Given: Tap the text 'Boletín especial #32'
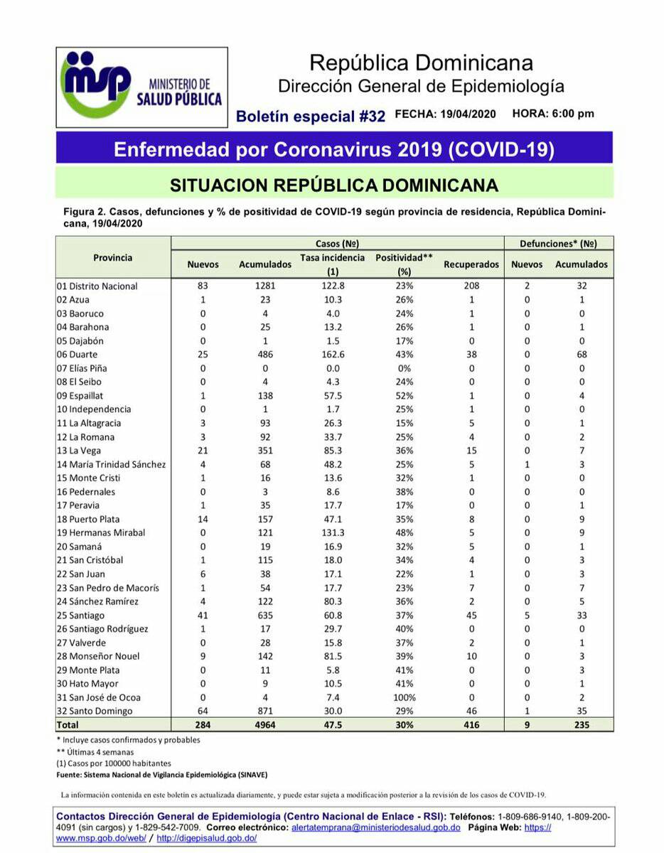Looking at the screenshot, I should click(310, 116).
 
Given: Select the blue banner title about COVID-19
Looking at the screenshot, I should click(334, 150).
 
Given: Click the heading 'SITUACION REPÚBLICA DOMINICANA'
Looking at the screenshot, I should click(334, 186).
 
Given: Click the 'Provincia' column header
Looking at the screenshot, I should click(112, 257).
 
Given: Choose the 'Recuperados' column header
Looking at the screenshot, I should click(471, 264).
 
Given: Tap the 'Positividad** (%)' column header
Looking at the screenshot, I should click(404, 264).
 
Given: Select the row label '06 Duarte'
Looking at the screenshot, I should click(77, 354).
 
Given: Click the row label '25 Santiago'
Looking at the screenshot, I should click(80, 615).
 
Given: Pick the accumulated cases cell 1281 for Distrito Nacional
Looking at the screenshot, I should click(264, 286).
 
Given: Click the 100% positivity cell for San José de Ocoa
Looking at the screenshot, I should click(403, 697).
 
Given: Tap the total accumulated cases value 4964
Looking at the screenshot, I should click(264, 725).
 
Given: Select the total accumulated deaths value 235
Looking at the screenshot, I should click(581, 725).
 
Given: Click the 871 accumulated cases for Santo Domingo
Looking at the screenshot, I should click(264, 711).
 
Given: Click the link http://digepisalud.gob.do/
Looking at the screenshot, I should click(207, 838).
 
